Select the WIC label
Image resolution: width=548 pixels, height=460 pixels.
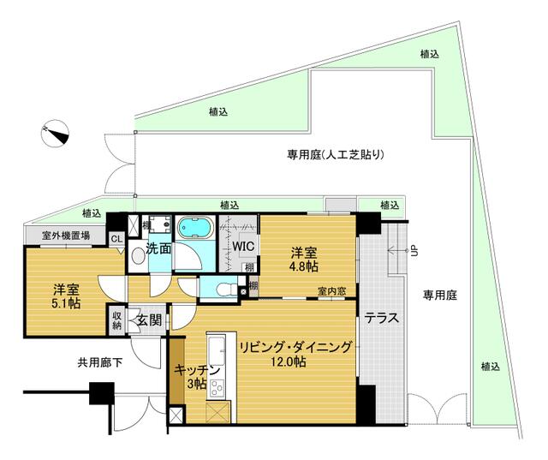(x=241, y=247)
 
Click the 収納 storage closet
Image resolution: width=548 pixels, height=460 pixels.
(x=116, y=320)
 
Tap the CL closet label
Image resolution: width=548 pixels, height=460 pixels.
(x=116, y=239)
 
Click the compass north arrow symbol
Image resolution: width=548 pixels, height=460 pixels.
(x=53, y=133)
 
